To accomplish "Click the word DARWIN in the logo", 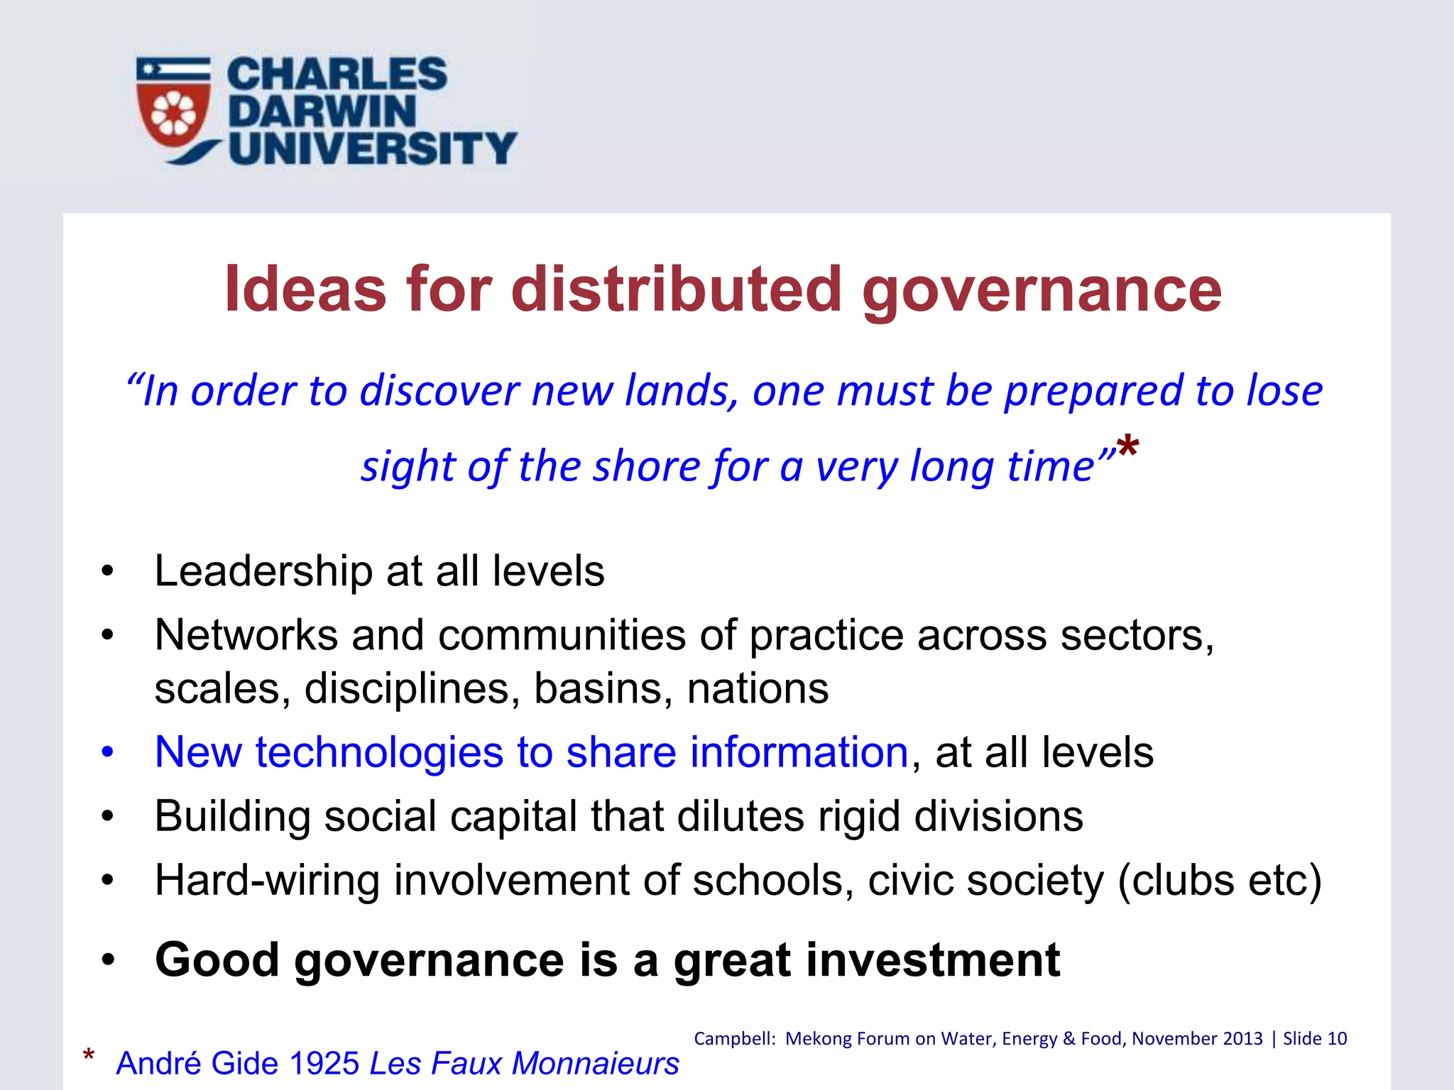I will (322, 111).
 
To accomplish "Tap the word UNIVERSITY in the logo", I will (373, 148).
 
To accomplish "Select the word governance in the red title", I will (1042, 291).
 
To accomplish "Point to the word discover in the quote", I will (439, 391).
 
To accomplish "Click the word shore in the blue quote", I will (647, 467).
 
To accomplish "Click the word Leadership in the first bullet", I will (263, 571).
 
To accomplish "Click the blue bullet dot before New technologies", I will (107, 752).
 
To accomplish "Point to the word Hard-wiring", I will (267, 881).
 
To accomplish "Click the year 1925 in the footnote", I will (324, 1063).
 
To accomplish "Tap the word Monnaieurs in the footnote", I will (596, 1063).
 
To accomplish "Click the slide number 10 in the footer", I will (1337, 1039).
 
